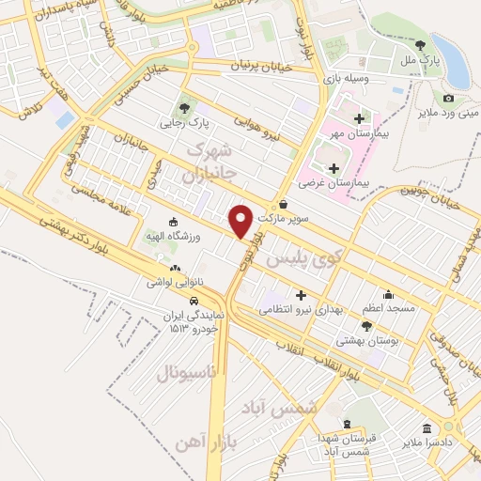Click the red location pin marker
point(241,222)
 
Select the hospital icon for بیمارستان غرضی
point(334,167)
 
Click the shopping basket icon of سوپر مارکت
point(283,204)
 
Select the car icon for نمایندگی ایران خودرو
point(194,302)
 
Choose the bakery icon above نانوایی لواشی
point(176,268)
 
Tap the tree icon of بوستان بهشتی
point(367,325)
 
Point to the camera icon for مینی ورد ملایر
point(448,99)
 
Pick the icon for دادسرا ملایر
point(427,428)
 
